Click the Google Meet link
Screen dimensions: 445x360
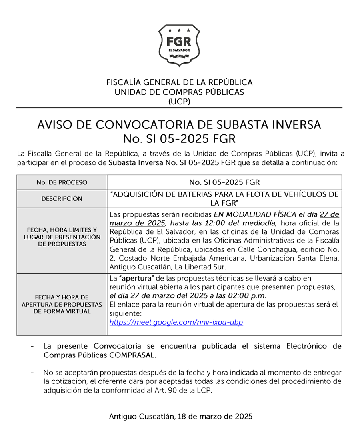point(176,322)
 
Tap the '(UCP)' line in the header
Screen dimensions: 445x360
point(179,102)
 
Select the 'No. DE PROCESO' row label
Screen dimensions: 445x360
point(62,182)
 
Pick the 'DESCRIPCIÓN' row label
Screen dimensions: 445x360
point(62,198)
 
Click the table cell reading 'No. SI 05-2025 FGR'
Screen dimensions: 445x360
point(224,182)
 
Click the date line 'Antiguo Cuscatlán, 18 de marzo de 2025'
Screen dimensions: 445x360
point(180,417)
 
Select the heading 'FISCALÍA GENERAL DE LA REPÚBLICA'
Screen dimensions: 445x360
point(179,82)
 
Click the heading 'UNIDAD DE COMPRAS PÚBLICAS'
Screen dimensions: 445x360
point(179,92)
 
